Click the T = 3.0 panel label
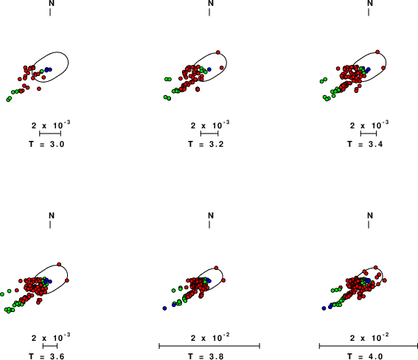coord(46,145)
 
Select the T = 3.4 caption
coord(365,145)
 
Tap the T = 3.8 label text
coord(206,356)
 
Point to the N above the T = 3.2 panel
coord(211,3)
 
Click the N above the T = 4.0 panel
coord(370,215)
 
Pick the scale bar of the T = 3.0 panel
coord(50,134)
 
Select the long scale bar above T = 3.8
coord(209,346)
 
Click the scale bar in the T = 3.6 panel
coord(50,346)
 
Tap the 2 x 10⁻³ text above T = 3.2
coord(210,125)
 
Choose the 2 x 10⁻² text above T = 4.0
coord(369,337)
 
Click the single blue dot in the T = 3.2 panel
coord(209,69)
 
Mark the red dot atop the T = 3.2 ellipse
coord(218,52)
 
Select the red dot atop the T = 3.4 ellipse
coord(377,52)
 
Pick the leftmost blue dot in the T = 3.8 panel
coord(164,308)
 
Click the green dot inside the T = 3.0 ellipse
coord(42,72)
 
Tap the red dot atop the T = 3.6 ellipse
coord(59,264)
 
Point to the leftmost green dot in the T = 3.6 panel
coord(2,294)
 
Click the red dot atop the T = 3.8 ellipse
coord(216,268)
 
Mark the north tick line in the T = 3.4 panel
coord(369,12)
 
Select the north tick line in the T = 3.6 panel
coord(50,225)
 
